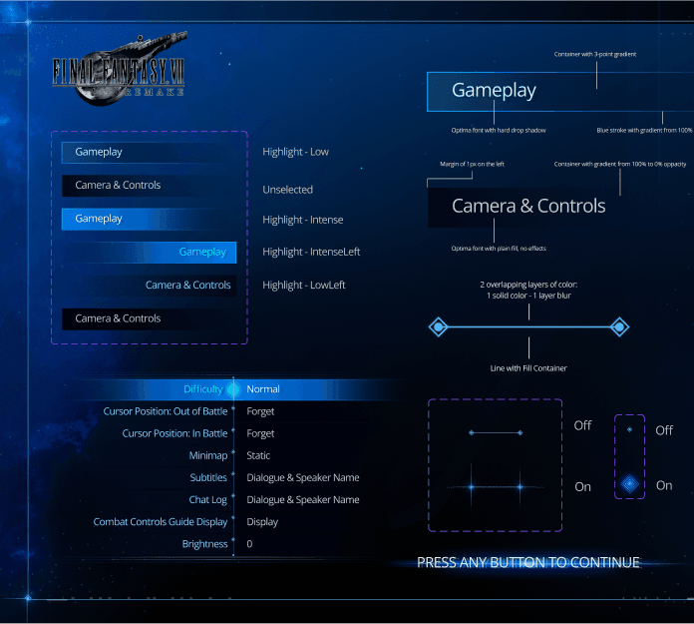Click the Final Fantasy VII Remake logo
121,70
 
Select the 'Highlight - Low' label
295,152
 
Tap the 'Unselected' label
287,189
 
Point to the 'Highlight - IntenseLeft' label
311,252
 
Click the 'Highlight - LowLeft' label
304,286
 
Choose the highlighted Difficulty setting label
203,389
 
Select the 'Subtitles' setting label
208,477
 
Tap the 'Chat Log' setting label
207,499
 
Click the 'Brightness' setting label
204,543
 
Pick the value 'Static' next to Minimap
259,455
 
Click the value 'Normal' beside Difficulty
263,389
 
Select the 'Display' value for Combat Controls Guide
262,521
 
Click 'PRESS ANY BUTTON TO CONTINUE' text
527,562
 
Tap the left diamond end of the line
437,326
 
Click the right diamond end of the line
619,326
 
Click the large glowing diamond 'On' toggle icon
629,485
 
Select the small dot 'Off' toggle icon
629,430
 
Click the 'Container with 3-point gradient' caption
595,54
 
